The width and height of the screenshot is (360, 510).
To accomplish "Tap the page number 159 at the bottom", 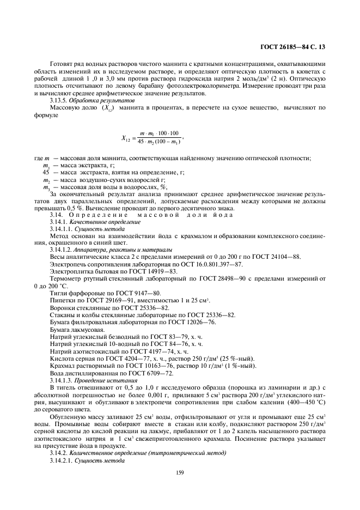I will pos(180,473).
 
